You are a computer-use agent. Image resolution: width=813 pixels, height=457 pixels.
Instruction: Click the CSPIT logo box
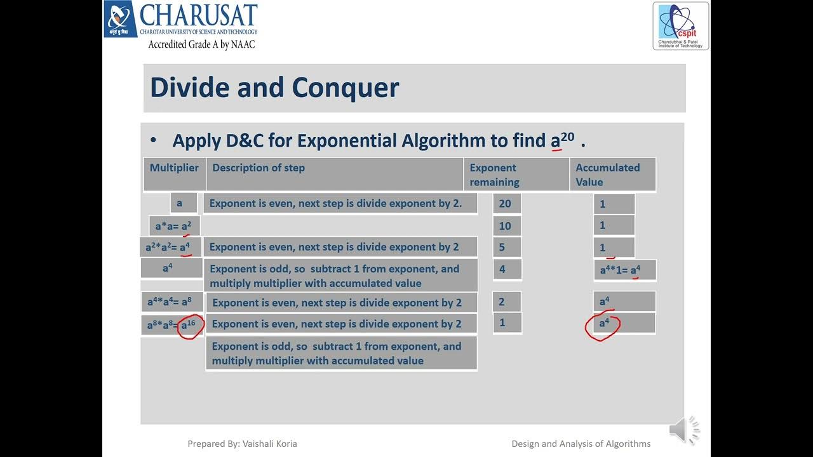[x=680, y=26]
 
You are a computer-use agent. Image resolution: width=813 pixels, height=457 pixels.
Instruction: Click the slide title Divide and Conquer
[x=274, y=88]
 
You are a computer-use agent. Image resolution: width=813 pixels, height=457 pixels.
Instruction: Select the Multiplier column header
[x=174, y=168]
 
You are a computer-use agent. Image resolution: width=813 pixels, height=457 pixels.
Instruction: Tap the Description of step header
[x=259, y=168]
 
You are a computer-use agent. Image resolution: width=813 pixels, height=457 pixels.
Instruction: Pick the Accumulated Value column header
[x=608, y=175]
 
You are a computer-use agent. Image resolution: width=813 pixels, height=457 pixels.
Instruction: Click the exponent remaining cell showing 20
[x=506, y=204]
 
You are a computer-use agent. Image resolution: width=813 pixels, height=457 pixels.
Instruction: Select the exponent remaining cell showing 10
[x=506, y=225]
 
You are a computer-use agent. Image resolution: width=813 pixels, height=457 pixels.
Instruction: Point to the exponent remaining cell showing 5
[x=506, y=247]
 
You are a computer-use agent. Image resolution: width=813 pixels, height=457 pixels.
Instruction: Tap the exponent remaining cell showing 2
[x=506, y=302]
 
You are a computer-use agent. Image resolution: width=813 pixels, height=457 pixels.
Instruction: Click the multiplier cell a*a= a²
[x=173, y=225]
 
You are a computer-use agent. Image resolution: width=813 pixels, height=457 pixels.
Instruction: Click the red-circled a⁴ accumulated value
[x=603, y=324]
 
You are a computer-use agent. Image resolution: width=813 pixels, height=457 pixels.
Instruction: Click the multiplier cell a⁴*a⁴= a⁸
[x=170, y=302]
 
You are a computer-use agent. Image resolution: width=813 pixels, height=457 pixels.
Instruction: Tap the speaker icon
[x=683, y=432]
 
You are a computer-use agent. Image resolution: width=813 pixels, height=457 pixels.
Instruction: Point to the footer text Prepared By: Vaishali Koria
[x=242, y=444]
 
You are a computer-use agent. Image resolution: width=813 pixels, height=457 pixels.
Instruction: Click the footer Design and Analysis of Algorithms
[x=581, y=444]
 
